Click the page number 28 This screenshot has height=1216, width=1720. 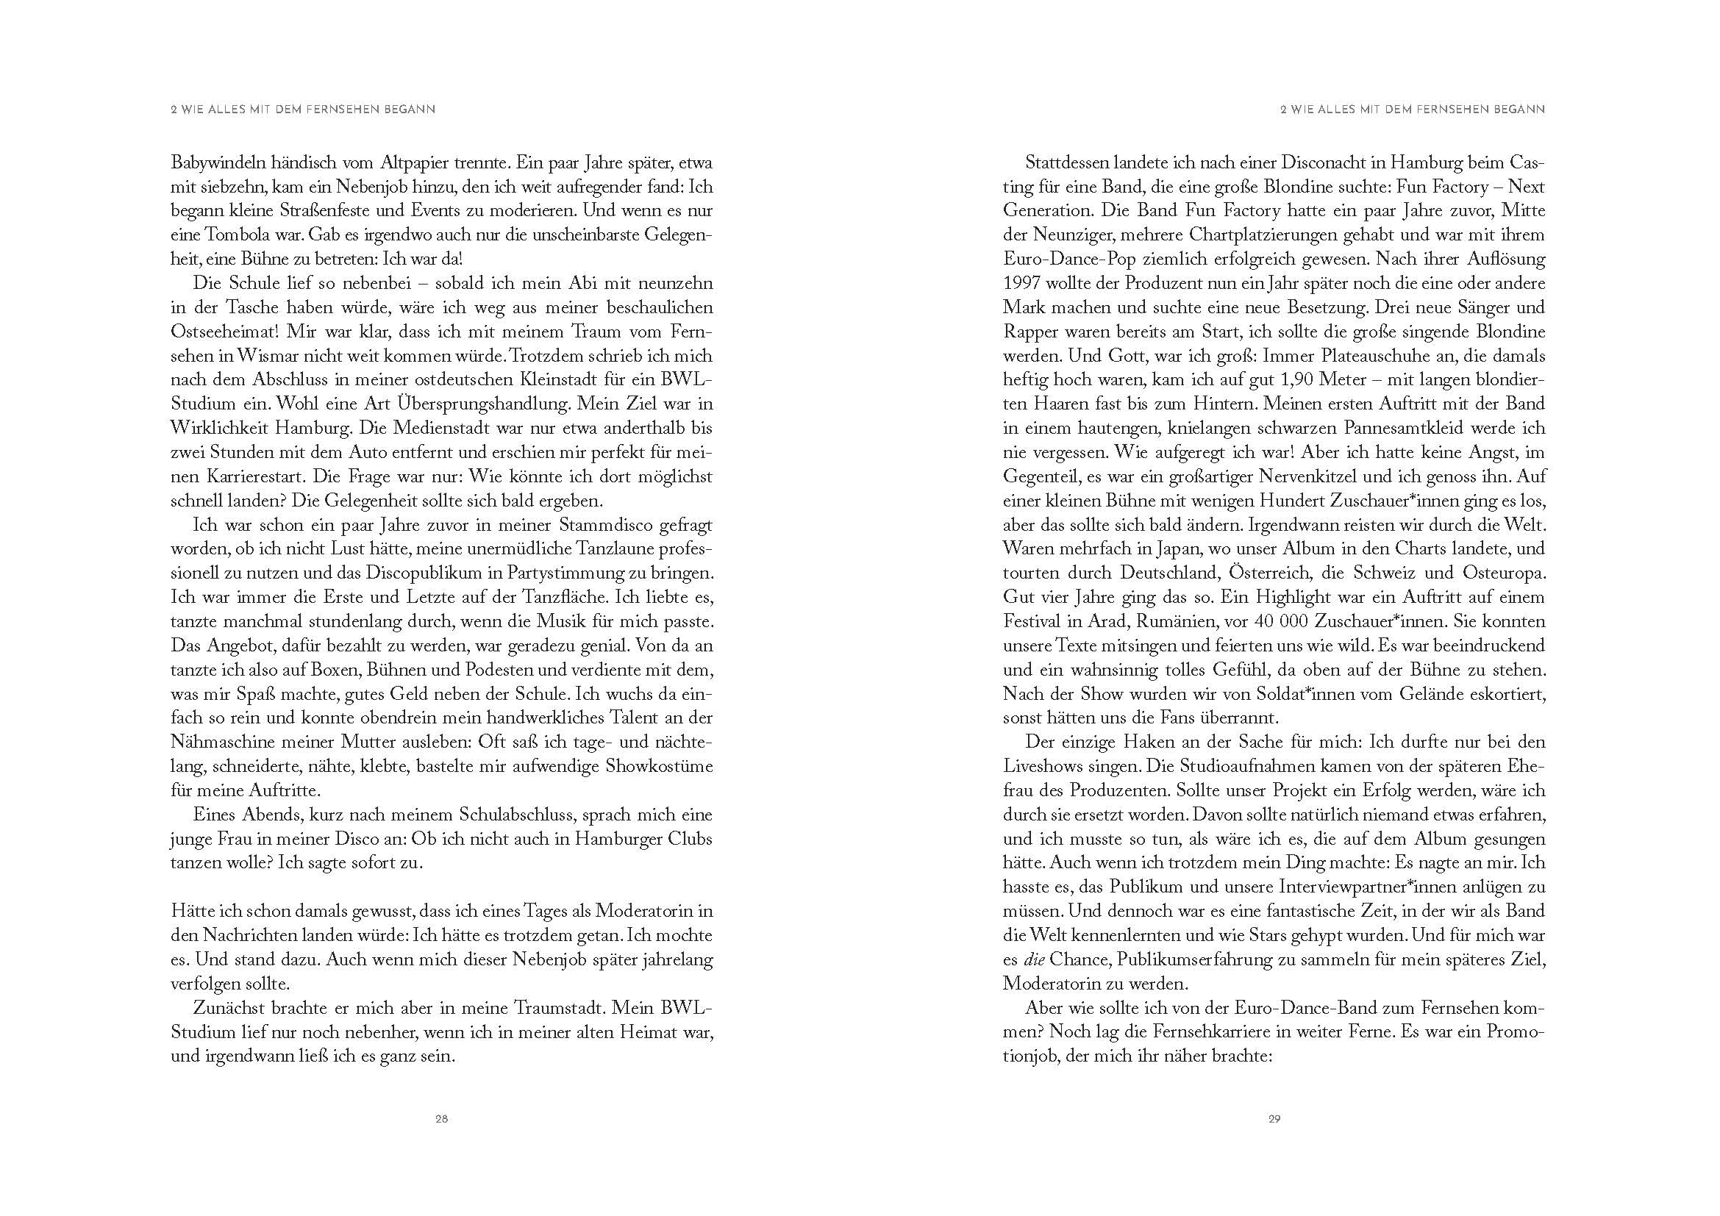441,1140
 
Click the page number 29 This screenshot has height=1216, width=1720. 1274,1140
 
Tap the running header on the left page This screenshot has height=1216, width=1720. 304,110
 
